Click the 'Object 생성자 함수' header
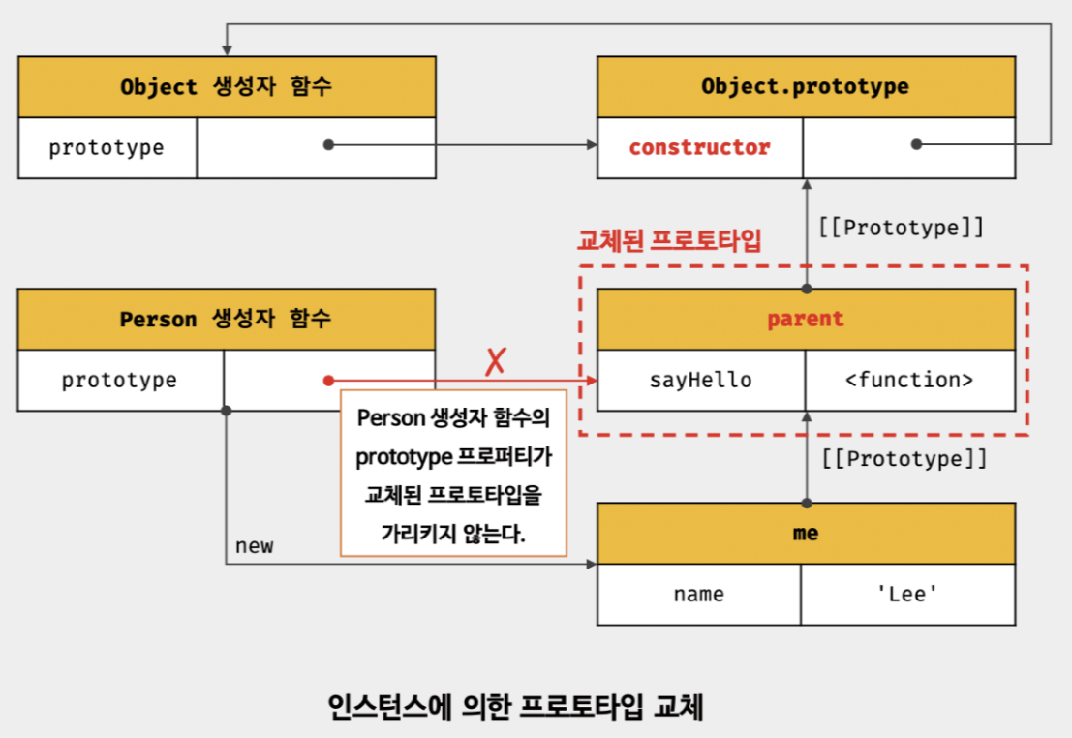(x=226, y=86)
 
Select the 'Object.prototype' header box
(x=806, y=86)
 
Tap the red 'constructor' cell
(x=699, y=148)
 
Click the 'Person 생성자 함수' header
(x=226, y=319)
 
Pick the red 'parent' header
(x=806, y=319)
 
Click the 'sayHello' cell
(x=700, y=380)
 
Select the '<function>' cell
(x=909, y=380)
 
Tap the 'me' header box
(x=806, y=533)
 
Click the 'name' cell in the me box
(x=698, y=594)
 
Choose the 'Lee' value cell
(x=907, y=594)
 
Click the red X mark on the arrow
(x=495, y=362)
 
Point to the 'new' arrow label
(x=254, y=546)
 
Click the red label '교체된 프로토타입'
(x=669, y=240)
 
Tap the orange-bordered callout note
(x=454, y=473)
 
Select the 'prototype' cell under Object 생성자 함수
(x=107, y=148)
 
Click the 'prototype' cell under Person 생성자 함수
(x=119, y=380)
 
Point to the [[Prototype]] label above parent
(x=901, y=229)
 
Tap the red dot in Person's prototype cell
(x=329, y=381)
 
